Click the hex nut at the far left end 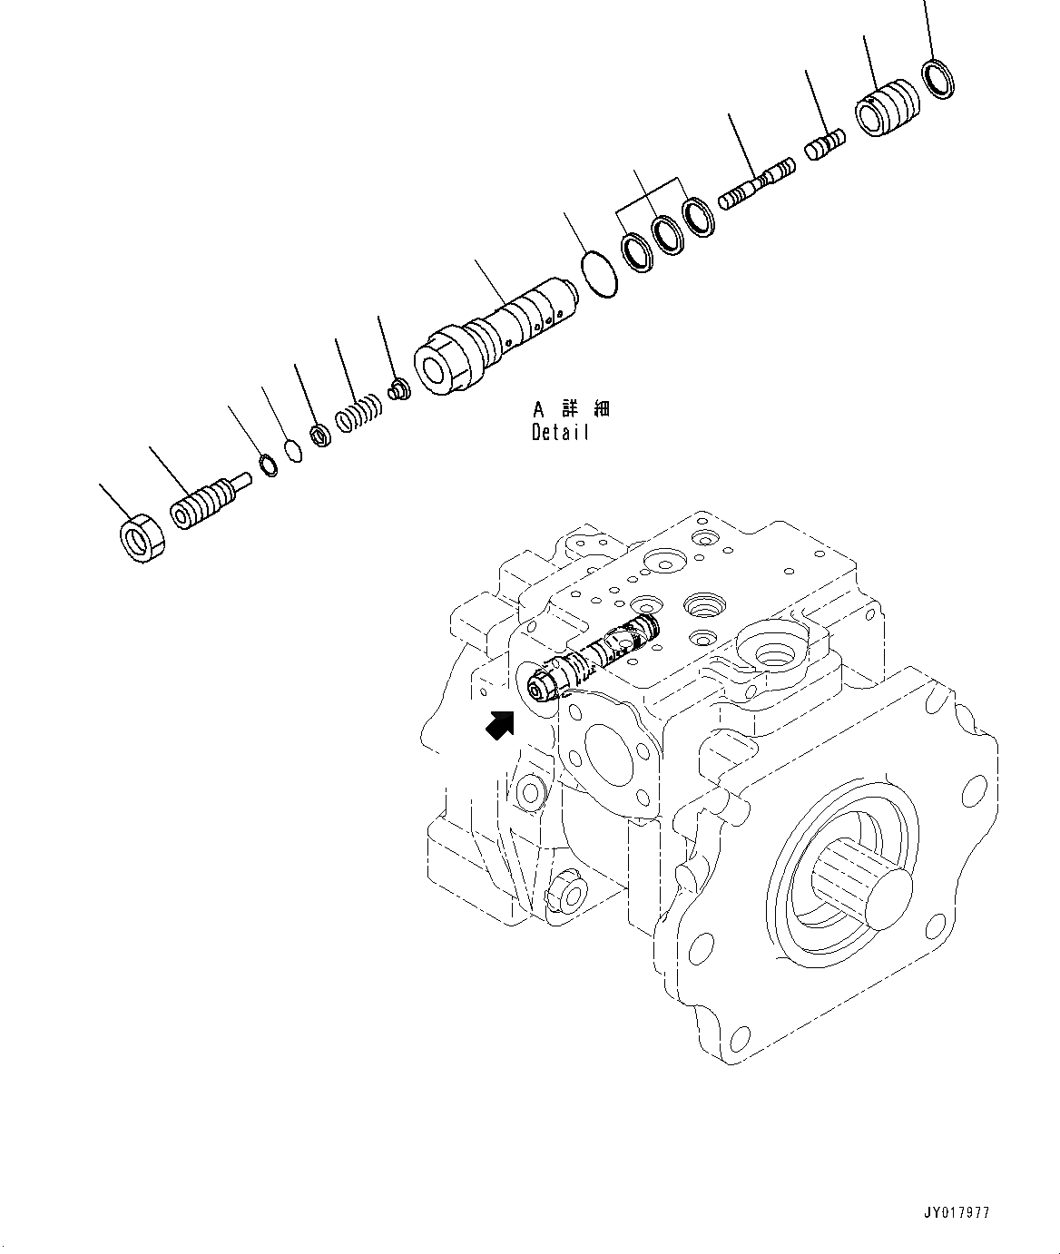coord(141,537)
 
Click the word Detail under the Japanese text coord(560,433)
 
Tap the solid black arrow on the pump coord(500,725)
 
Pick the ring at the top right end coord(937,78)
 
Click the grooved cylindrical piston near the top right coord(888,109)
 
